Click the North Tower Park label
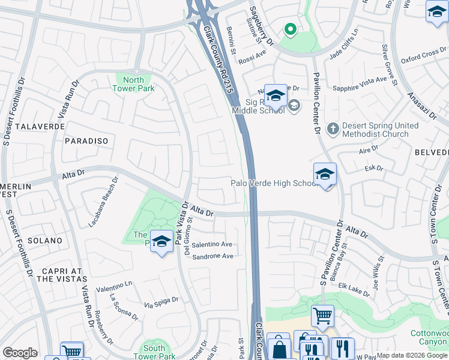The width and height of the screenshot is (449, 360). pyautogui.click(x=133, y=84)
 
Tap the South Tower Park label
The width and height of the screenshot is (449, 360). pyautogui.click(x=154, y=352)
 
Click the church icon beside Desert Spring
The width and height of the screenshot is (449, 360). pyautogui.click(x=333, y=129)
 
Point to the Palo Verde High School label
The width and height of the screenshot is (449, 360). pyautogui.click(x=273, y=183)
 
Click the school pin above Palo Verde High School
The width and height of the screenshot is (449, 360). pyautogui.click(x=325, y=175)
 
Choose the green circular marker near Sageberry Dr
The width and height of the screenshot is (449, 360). pyautogui.click(x=289, y=28)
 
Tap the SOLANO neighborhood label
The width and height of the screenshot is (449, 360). pyautogui.click(x=44, y=240)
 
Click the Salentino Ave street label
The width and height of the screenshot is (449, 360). pyautogui.click(x=212, y=245)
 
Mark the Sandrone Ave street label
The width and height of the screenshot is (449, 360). pyautogui.click(x=212, y=256)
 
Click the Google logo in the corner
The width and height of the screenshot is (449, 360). pyautogui.click(x=20, y=353)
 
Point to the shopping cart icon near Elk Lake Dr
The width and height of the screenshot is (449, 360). pyautogui.click(x=322, y=315)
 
